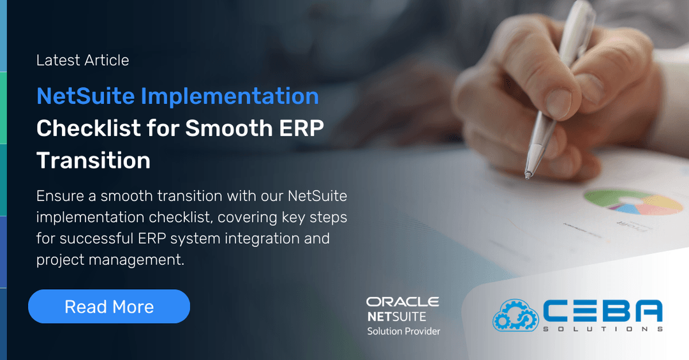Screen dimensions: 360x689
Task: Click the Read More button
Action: pyautogui.click(x=109, y=306)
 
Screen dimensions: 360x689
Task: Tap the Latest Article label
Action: pyautogui.click(x=82, y=60)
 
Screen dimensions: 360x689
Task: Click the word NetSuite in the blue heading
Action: pyautogui.click(x=85, y=96)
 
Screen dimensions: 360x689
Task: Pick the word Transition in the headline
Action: pyautogui.click(x=93, y=160)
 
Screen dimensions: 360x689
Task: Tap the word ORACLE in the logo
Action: pyautogui.click(x=403, y=302)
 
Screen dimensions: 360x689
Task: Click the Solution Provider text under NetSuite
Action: pyautogui.click(x=403, y=331)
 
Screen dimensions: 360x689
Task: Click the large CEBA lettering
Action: pyautogui.click(x=602, y=311)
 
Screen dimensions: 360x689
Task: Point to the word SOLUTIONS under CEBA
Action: pyautogui.click(x=602, y=329)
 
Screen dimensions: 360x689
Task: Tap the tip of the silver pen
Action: pyautogui.click(x=528, y=174)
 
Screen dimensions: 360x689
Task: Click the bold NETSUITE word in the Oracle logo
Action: pyautogui.click(x=396, y=316)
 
